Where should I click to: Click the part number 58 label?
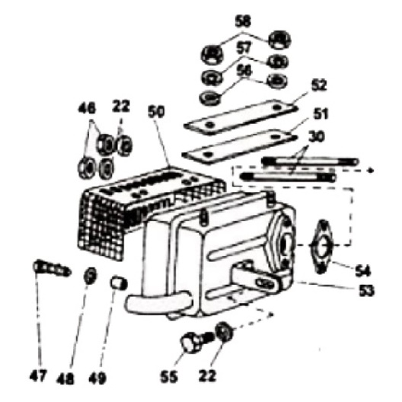pyautogui.click(x=243, y=21)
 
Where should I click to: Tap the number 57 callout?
pyautogui.click(x=244, y=48)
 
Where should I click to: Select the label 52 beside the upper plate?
pyautogui.click(x=319, y=85)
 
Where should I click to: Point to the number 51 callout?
pyautogui.click(x=321, y=113)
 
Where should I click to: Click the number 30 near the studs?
pyautogui.click(x=317, y=137)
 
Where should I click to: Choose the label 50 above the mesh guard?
pyautogui.click(x=156, y=112)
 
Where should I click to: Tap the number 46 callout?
pyautogui.click(x=87, y=108)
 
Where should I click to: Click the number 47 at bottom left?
pyautogui.click(x=38, y=376)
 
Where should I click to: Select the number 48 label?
pyautogui.click(x=65, y=378)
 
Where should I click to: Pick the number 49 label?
pyautogui.click(x=97, y=378)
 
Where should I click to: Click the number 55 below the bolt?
pyautogui.click(x=169, y=377)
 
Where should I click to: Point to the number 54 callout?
pyautogui.click(x=362, y=271)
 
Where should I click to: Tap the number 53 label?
pyautogui.click(x=366, y=290)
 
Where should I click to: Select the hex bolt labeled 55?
pyautogui.click(x=196, y=342)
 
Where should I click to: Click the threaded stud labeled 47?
pyautogui.click(x=52, y=268)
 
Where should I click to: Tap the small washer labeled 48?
pyautogui.click(x=91, y=276)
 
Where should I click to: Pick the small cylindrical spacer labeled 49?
pyautogui.click(x=119, y=282)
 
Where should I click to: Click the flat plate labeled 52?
pyautogui.click(x=241, y=116)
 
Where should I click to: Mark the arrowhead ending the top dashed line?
pyautogui.click(x=371, y=171)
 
